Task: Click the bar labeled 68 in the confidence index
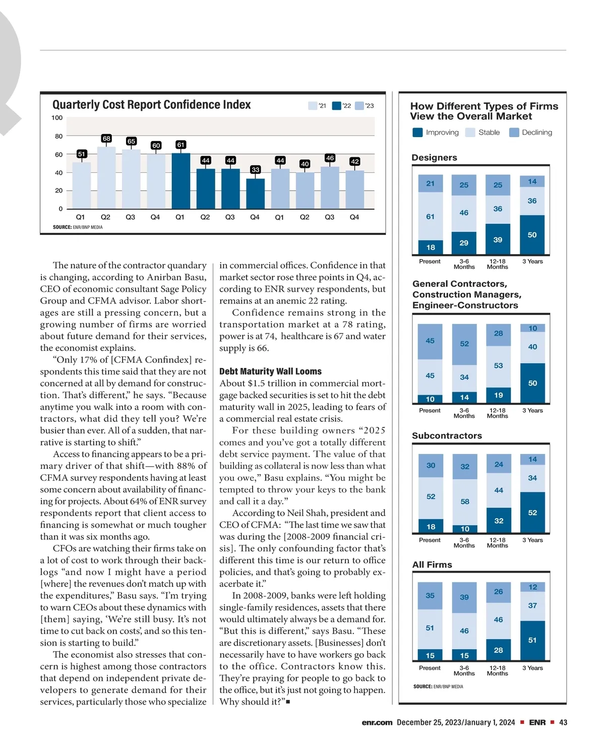106,177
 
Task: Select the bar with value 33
255,194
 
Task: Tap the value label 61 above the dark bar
180,145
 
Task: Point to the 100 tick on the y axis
57,118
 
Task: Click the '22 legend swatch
336,106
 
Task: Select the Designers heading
434,158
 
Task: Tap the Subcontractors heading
447,436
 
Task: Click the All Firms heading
432,565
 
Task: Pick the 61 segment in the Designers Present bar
431,217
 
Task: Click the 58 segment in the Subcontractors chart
465,502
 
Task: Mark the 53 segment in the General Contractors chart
498,366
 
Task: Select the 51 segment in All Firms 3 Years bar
532,640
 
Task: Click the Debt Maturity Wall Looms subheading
270,371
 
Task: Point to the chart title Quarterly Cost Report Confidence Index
151,105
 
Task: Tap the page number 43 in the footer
563,722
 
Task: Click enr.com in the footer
377,722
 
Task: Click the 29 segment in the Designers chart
464,243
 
